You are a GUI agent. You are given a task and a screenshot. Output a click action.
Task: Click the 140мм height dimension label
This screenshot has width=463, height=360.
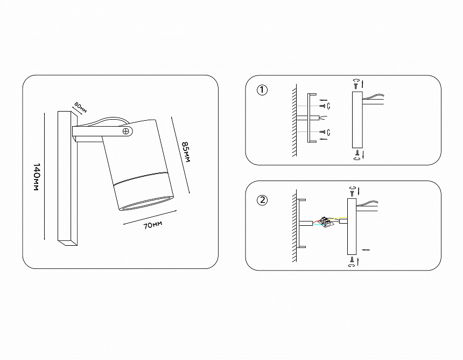point(36,177)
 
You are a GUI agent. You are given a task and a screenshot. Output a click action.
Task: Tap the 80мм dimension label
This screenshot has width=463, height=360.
point(81,108)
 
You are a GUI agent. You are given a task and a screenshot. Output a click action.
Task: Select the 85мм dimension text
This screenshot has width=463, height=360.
point(186,152)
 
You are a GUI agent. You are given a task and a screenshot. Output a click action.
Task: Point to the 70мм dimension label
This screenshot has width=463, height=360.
point(153,225)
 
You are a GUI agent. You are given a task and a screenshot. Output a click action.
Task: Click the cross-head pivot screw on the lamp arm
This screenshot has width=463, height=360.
point(127,131)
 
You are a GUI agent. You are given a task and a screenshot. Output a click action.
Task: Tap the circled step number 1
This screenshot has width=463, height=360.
point(262,90)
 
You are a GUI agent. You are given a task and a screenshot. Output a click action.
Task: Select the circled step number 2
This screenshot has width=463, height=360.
point(262,200)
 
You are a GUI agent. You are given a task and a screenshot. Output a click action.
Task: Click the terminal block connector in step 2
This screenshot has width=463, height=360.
point(326,221)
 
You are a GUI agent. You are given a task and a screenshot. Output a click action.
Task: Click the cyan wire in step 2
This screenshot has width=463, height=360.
point(318,225)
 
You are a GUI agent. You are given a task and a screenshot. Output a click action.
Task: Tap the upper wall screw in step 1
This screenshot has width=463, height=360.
point(322,106)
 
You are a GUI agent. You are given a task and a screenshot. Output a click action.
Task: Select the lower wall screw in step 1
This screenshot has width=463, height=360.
point(322,132)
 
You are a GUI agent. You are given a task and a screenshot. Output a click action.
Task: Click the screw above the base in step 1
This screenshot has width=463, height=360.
point(356,86)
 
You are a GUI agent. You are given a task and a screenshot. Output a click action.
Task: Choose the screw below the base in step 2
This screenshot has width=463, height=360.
point(352,260)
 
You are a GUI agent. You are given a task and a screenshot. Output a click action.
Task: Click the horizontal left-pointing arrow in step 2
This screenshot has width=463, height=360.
point(366,250)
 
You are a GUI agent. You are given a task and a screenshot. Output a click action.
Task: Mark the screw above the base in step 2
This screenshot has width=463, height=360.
point(352,193)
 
